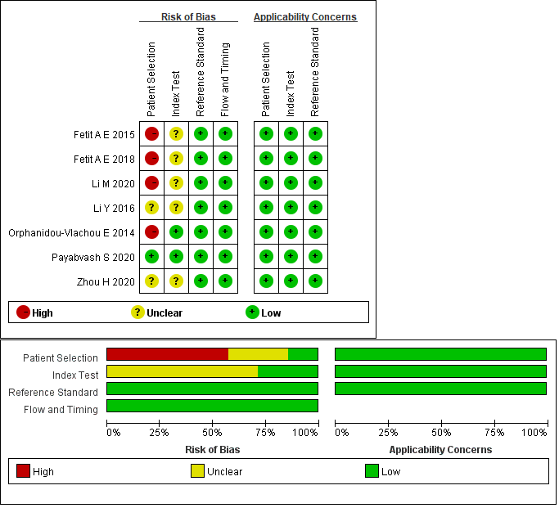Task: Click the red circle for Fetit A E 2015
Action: point(151,134)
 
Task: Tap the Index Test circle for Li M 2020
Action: point(176,183)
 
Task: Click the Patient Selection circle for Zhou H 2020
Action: point(151,281)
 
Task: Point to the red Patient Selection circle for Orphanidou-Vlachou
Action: point(151,232)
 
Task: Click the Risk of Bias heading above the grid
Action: point(188,16)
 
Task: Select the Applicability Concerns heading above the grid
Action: point(305,16)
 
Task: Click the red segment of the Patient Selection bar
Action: point(167,354)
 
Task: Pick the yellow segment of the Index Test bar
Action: point(182,371)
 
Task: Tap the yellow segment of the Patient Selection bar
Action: point(258,354)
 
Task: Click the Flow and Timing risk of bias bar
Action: point(212,406)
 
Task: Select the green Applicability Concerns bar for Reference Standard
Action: point(440,389)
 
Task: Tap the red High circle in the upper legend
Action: point(23,312)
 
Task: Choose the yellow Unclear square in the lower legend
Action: point(197,471)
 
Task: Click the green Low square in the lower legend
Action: point(372,471)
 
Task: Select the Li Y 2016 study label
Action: point(114,208)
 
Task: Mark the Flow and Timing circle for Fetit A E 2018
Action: point(225,159)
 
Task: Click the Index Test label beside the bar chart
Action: point(75,375)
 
